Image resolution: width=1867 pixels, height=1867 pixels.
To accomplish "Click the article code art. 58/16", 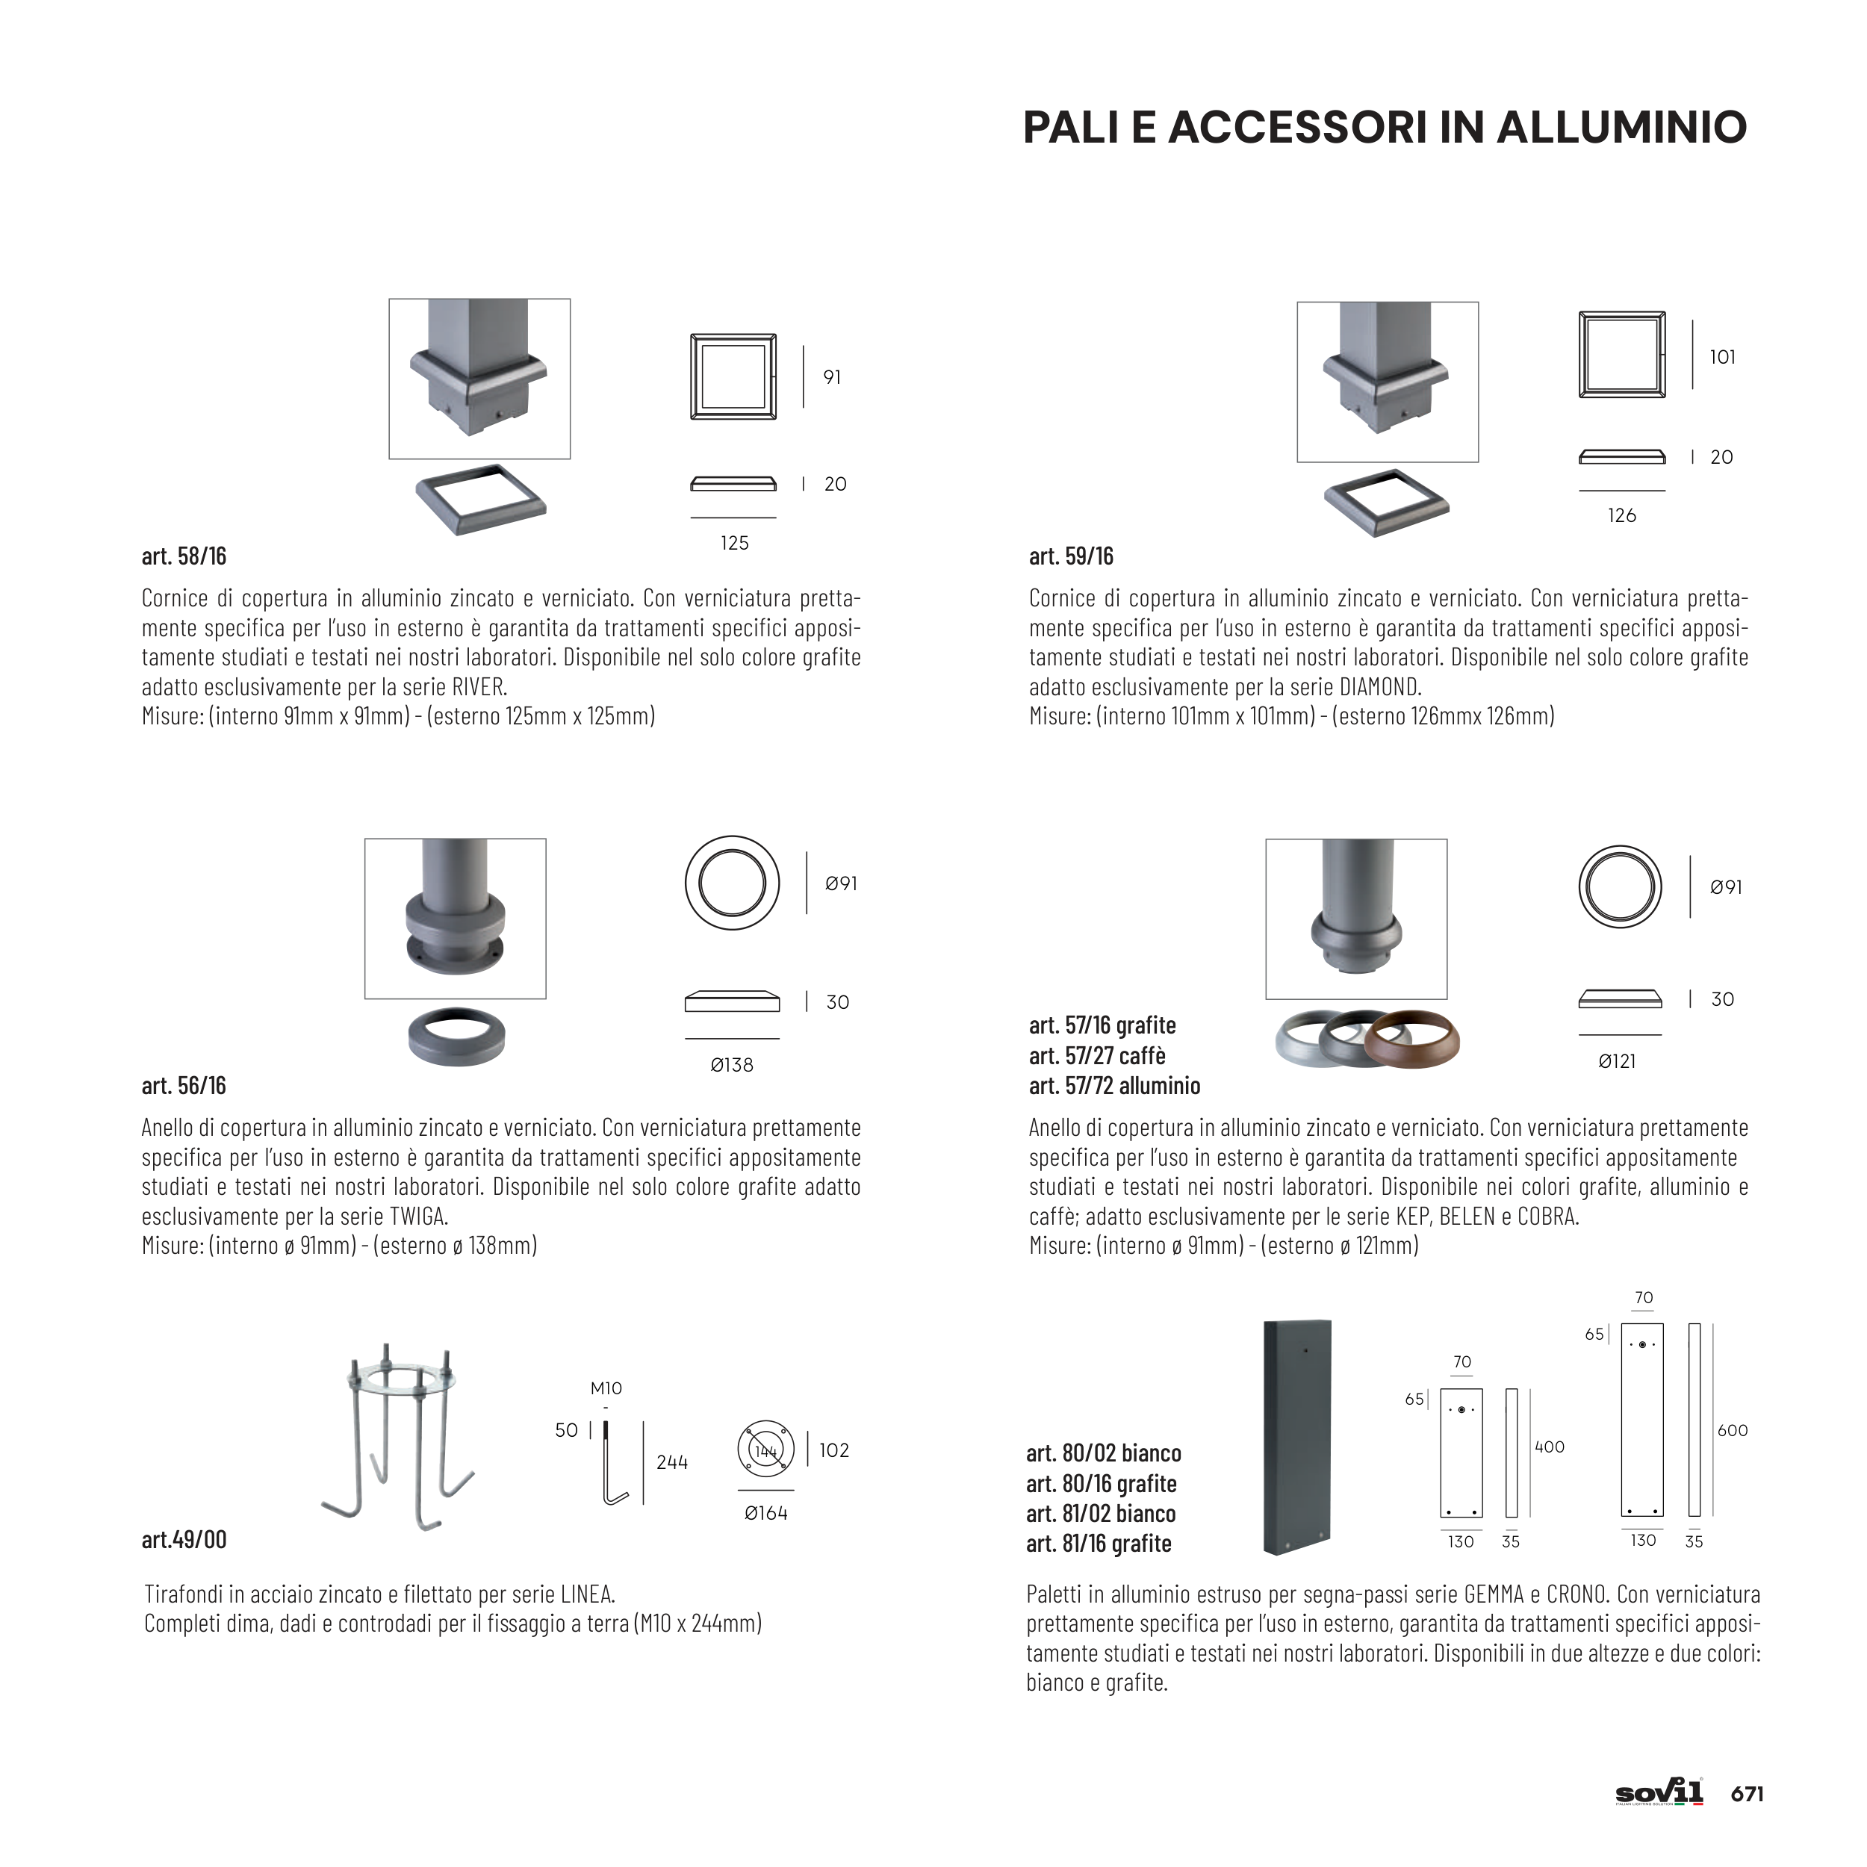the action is pos(184,556).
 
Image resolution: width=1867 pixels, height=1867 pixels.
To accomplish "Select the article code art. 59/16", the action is pos(1071,556).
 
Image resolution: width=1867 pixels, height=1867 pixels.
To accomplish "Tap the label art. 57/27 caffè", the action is pos(1097,1056).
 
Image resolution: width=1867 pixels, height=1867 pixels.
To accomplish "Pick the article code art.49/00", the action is pos(184,1539).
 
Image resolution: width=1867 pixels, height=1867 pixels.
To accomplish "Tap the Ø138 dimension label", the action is pos(732,1065).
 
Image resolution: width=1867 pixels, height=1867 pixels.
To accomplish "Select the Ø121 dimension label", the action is pos(1617,1061).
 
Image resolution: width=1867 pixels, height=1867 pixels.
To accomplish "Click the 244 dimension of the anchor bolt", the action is pos(671,1462).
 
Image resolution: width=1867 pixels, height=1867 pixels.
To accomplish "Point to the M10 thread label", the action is pos(606,1388).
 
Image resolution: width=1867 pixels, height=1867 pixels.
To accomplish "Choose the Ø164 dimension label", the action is pos(765,1513).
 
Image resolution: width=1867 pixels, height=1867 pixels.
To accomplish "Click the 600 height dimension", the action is pos(1733,1430).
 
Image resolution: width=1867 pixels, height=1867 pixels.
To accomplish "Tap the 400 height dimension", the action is pos(1549,1447).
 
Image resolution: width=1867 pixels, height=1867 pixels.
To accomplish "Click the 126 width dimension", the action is pos(1621,516).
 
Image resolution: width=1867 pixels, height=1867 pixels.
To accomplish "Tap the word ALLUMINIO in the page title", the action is pos(1623,128).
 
